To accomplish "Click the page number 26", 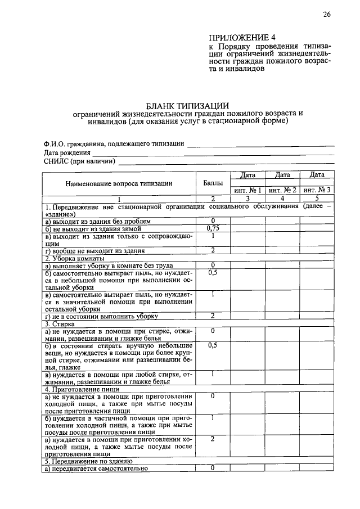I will click(326, 15).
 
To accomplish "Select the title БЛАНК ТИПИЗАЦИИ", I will click(187, 105).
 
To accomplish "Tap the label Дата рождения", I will click(67, 152).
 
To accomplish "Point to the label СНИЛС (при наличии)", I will click(79, 161).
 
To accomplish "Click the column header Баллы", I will click(213, 183).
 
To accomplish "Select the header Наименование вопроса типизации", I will click(119, 183).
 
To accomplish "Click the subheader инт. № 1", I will click(247, 190).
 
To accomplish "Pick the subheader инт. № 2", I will click(282, 190).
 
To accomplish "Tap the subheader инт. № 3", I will click(317, 190).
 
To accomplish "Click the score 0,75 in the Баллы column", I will click(213, 229).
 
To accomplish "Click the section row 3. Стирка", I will click(58, 324).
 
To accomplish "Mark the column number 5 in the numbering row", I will click(317, 199).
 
